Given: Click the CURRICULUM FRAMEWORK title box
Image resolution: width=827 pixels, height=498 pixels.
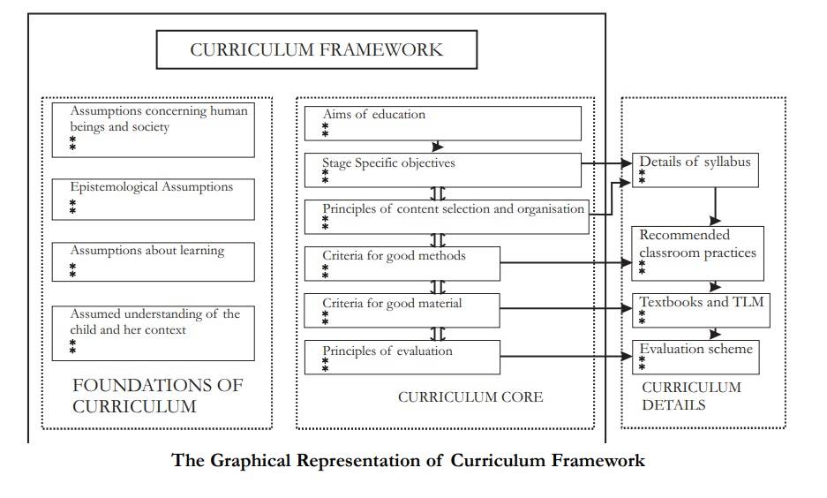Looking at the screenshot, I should [316, 49].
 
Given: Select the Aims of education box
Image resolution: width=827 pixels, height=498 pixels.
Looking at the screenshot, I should [442, 123].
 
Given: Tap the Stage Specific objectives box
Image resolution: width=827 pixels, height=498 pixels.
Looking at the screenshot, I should [442, 170].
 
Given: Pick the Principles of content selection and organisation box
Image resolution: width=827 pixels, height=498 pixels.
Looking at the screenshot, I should [447, 216].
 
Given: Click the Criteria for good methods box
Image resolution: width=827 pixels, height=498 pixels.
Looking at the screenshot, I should [402, 263].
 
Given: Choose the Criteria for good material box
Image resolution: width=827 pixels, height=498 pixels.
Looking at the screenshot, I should [402, 310].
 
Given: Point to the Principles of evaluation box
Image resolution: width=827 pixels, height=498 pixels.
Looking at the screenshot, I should [402, 357].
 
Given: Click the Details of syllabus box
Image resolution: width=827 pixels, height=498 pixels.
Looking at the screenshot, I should [695, 170].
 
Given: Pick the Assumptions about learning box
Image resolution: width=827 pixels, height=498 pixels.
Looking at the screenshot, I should [153, 261].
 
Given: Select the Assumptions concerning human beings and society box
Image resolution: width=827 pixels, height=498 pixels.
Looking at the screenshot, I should [153, 130].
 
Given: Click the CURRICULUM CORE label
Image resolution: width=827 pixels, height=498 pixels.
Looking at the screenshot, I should [470, 397].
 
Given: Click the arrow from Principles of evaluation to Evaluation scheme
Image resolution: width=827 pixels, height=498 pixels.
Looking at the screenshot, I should [565, 357].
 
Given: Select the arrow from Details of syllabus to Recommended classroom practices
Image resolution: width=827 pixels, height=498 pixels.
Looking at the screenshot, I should [715, 206].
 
